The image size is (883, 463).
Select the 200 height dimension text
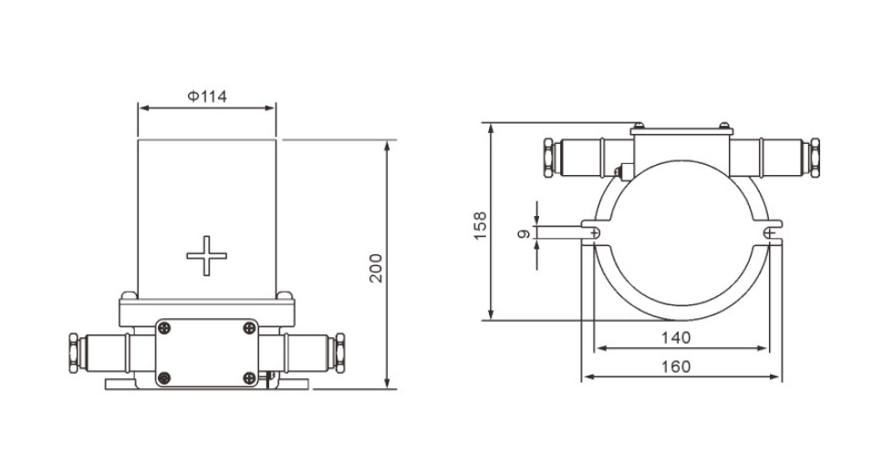(x=376, y=267)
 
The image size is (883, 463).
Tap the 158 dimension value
(x=481, y=224)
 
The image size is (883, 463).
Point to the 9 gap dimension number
(x=523, y=234)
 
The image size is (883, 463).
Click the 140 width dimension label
(x=676, y=337)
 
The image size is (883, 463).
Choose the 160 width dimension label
(x=676, y=366)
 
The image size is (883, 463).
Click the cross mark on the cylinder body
(x=205, y=255)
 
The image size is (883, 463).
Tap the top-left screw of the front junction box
(x=165, y=326)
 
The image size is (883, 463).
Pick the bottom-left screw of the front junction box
(x=165, y=377)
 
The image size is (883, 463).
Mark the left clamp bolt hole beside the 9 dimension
(x=595, y=233)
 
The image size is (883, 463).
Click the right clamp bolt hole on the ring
(x=772, y=233)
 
